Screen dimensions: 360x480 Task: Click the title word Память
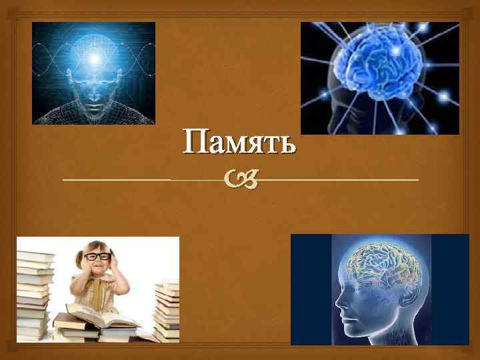pyautogui.click(x=239, y=142)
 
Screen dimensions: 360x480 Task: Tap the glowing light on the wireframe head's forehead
pyautogui.click(x=95, y=59)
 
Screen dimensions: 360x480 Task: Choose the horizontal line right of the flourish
pyautogui.click(x=340, y=180)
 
